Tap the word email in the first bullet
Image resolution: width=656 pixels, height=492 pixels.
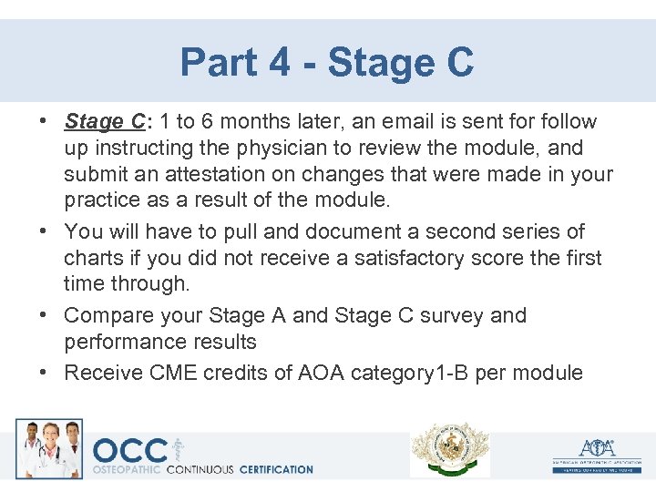[409, 122]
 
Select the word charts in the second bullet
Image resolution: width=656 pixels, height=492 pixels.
[93, 258]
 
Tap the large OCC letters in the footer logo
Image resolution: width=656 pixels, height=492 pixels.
[130, 450]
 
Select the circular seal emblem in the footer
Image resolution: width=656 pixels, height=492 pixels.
[449, 449]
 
